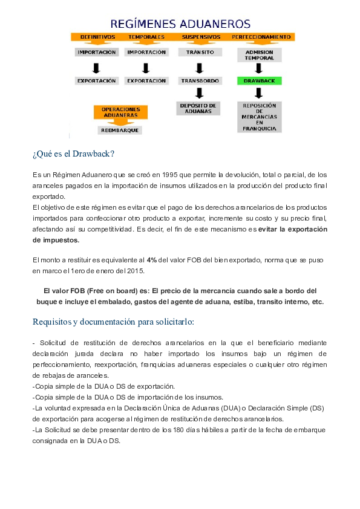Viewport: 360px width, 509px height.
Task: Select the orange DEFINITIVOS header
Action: [x=97, y=37]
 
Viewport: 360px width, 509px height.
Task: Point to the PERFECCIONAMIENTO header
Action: [x=261, y=37]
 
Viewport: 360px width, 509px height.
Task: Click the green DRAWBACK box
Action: [x=259, y=80]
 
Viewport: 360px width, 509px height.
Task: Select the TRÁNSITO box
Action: [x=200, y=53]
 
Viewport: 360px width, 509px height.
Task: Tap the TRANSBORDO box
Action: [x=200, y=80]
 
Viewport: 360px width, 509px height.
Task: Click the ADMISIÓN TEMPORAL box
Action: [x=259, y=56]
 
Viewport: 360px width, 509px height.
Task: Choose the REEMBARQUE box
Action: [x=119, y=130]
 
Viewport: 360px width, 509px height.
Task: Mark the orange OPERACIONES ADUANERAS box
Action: [x=120, y=112]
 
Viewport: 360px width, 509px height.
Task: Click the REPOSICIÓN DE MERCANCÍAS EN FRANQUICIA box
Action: [x=259, y=116]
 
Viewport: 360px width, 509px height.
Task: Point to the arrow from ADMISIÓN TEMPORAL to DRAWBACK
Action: [x=259, y=69]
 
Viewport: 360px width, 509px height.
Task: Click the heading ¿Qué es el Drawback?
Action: [x=73, y=154]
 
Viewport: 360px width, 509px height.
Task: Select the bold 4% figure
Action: [x=152, y=259]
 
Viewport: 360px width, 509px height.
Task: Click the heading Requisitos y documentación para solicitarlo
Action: [x=113, y=322]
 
